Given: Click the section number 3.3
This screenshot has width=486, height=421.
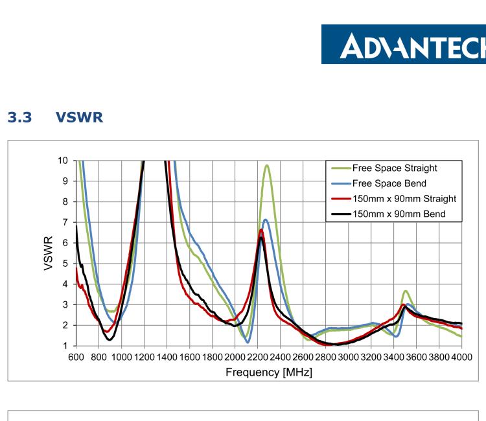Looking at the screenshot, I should pos(18,119).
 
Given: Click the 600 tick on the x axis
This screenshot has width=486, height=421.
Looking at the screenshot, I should pos(76,357).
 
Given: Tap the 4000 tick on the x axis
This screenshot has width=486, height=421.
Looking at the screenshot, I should pos(461,357).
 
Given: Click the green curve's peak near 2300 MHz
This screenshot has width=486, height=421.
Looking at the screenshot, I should pos(266,165).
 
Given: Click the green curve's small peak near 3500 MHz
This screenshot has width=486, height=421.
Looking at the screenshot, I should pos(406,291).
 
